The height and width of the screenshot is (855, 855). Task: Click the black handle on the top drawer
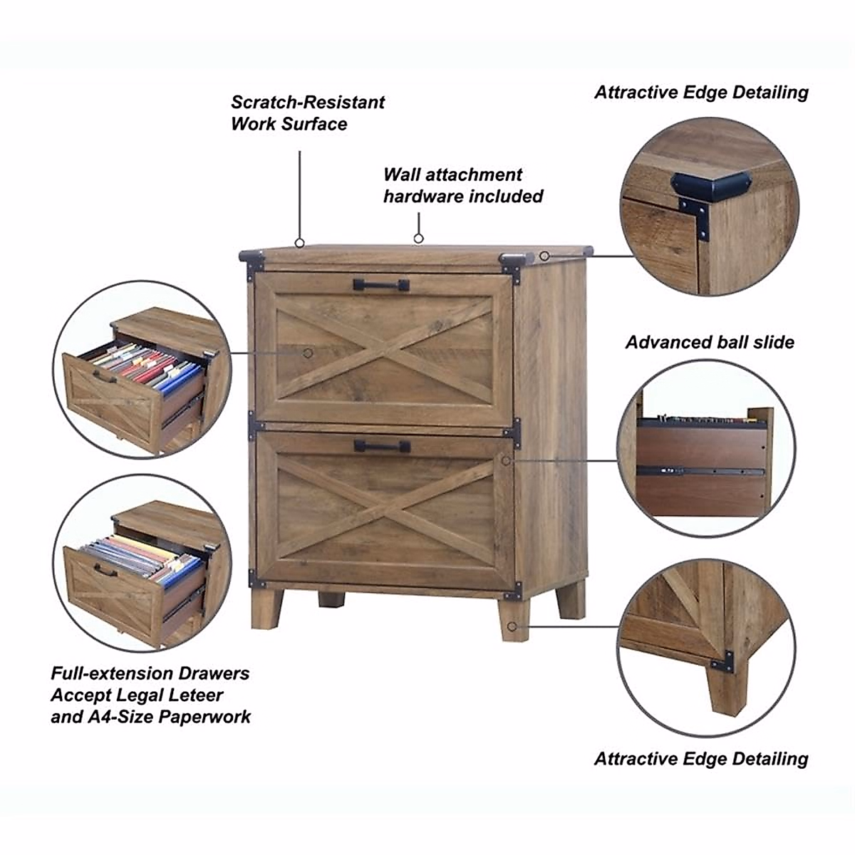[381, 285]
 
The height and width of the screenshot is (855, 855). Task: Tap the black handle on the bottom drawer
[382, 446]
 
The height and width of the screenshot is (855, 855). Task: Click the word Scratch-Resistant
[307, 102]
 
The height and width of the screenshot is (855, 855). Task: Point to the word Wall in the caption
[403, 175]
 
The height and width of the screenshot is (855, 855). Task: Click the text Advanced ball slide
[710, 342]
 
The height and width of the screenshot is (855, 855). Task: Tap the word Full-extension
[111, 673]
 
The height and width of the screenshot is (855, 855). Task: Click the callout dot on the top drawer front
[309, 352]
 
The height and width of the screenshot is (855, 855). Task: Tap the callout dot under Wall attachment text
[419, 239]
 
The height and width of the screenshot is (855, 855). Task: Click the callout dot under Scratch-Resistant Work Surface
[300, 242]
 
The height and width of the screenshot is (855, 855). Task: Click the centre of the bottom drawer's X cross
[385, 507]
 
